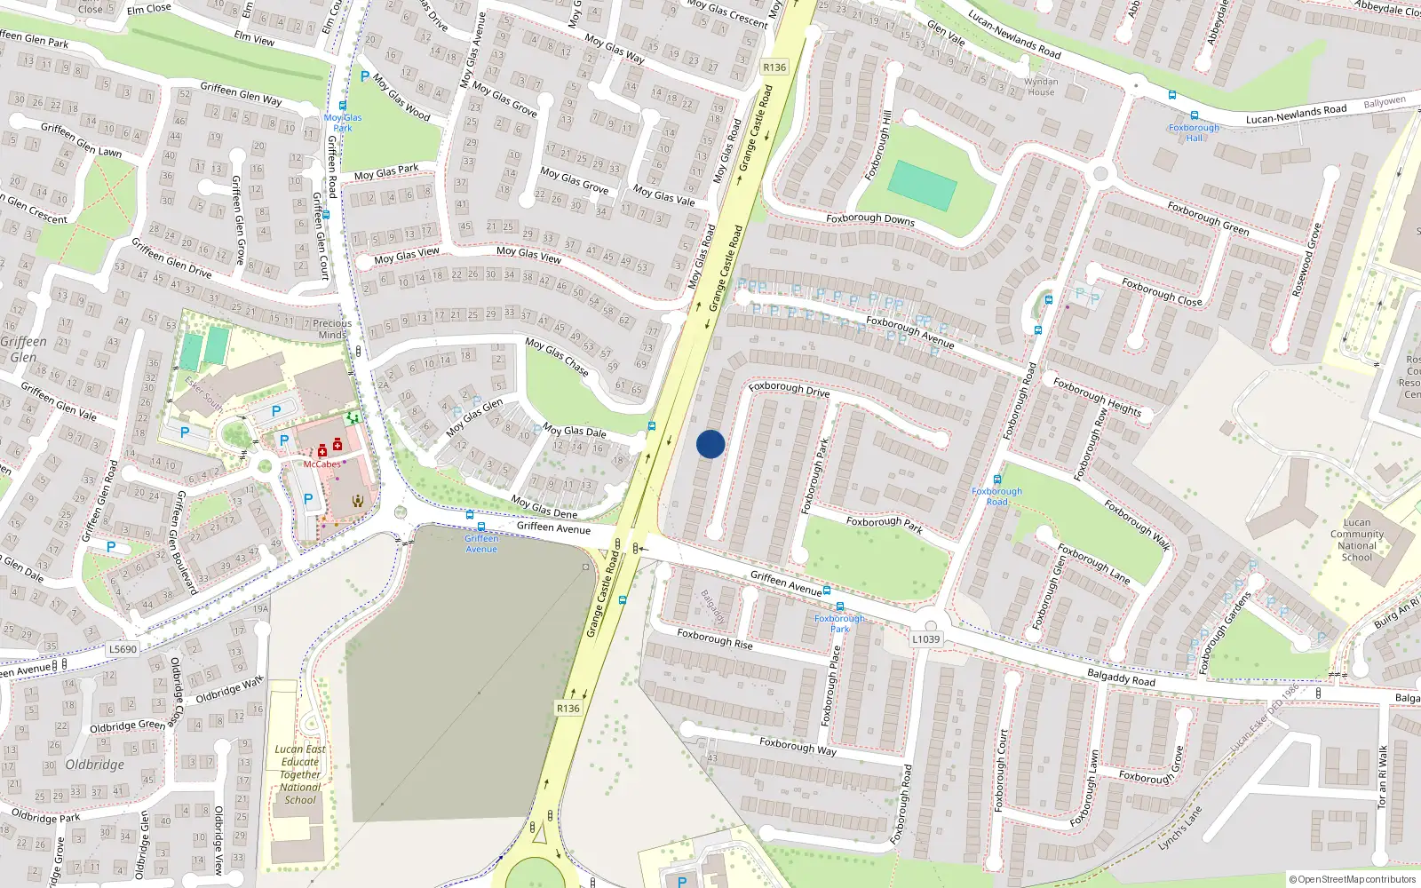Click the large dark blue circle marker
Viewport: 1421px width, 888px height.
coord(710,444)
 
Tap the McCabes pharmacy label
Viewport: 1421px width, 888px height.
coord(322,464)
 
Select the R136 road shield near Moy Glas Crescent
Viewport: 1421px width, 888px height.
coord(774,67)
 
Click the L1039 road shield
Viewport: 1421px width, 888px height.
coord(925,639)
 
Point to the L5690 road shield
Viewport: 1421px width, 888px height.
coord(123,649)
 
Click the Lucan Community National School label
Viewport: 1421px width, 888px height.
coord(1356,540)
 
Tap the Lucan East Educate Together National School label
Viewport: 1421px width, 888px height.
coord(300,774)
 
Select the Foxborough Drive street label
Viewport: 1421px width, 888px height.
coord(789,389)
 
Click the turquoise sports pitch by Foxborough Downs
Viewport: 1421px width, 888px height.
coord(922,185)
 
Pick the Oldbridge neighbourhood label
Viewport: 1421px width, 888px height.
coord(95,765)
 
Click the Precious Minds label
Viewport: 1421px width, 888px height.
coord(332,329)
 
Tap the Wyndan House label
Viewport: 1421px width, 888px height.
coord(1041,86)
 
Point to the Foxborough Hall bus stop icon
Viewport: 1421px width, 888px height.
coord(1194,115)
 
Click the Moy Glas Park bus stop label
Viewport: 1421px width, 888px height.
coord(343,123)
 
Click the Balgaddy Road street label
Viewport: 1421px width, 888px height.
coord(1121,678)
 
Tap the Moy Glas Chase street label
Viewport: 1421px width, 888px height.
coord(557,356)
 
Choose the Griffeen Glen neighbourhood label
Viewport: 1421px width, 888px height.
coord(23,349)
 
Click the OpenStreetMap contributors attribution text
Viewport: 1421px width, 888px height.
coord(1353,880)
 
